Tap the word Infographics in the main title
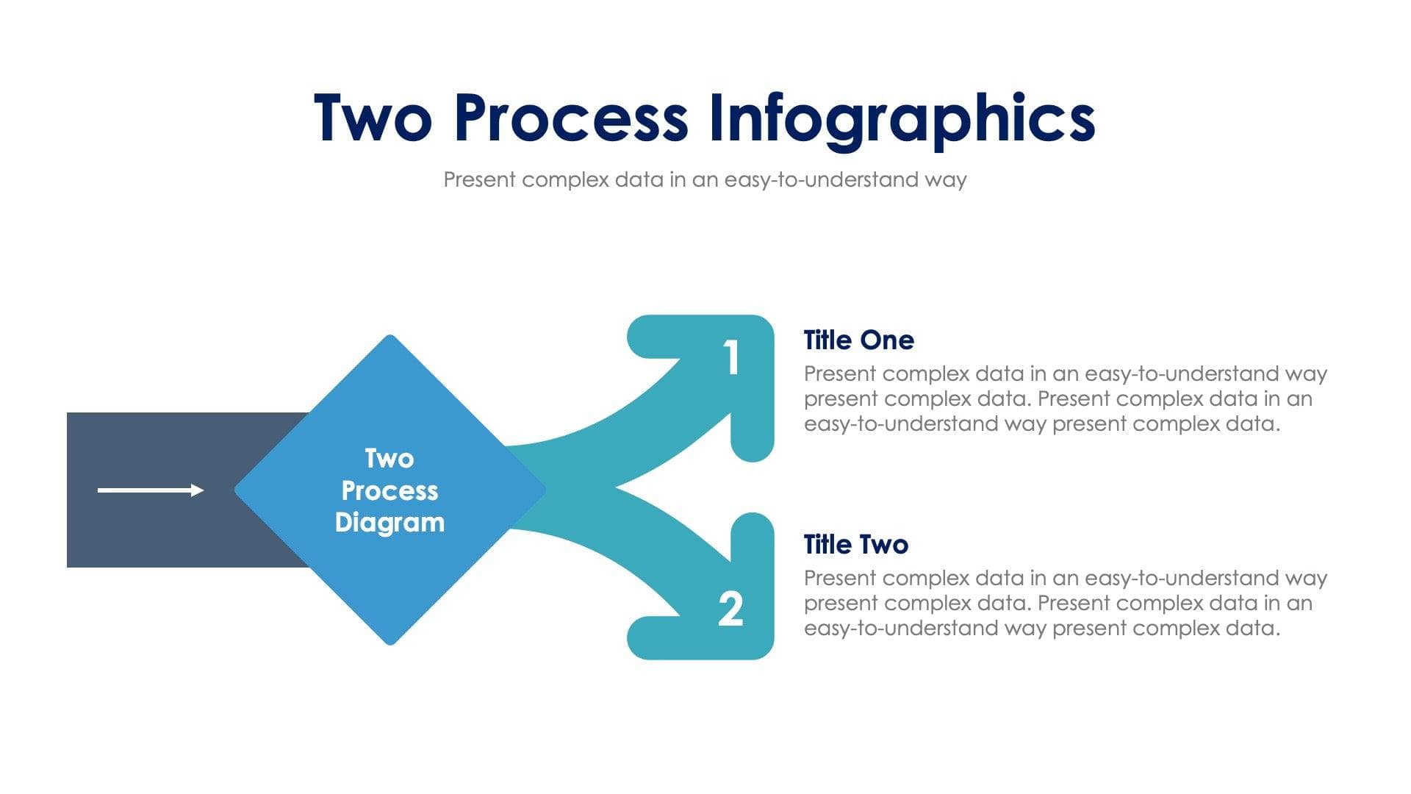(x=902, y=119)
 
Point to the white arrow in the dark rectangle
(x=151, y=490)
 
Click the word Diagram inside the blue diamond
(x=389, y=523)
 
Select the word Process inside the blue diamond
(x=389, y=490)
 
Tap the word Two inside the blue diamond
(x=389, y=459)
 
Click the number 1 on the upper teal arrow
(x=730, y=358)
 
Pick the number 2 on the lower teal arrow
(x=730, y=609)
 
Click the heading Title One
(x=858, y=340)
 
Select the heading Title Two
(x=856, y=545)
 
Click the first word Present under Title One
(x=840, y=374)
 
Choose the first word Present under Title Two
(x=840, y=579)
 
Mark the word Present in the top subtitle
(x=479, y=180)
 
